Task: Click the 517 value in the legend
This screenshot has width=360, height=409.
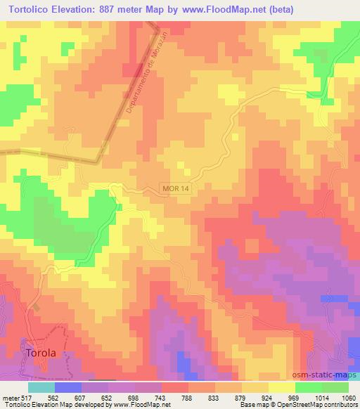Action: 25,397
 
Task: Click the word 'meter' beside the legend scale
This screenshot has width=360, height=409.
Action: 9,397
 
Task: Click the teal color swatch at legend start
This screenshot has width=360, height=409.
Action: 41,387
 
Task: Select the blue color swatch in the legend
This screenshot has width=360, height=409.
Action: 67,387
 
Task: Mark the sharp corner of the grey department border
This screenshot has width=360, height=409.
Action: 96,160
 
